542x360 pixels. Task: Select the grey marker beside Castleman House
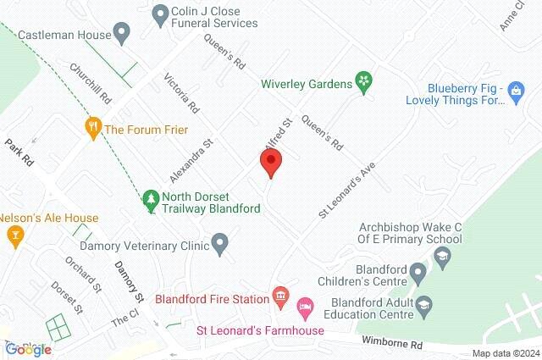click(x=122, y=36)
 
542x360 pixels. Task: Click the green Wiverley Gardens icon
click(x=364, y=82)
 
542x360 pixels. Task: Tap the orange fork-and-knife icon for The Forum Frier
click(x=93, y=129)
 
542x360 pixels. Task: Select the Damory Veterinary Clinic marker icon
click(x=220, y=246)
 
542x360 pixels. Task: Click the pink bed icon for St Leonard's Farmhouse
click(x=306, y=305)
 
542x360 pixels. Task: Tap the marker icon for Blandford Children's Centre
click(x=418, y=273)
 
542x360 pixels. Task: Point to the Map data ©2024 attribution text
click(x=506, y=353)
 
